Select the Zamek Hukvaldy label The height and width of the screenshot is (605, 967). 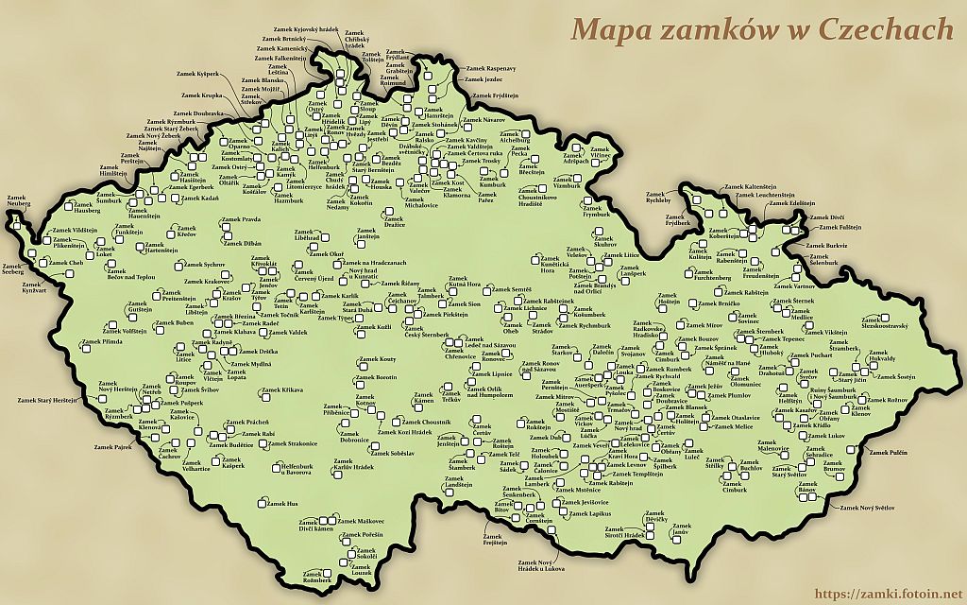pos(882,360)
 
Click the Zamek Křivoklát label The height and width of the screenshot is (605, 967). pos(257,268)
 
